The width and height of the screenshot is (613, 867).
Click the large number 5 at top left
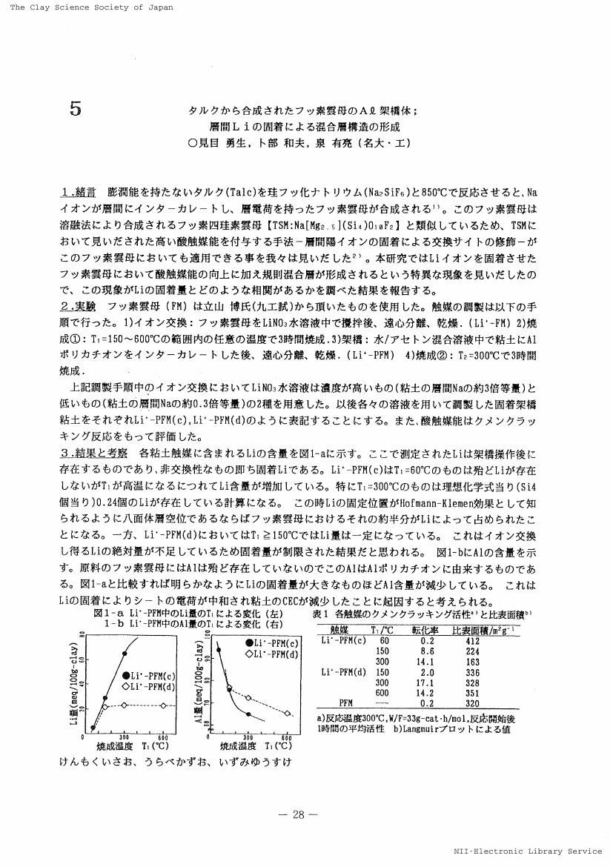(74, 109)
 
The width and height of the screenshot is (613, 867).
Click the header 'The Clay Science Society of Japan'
(92, 7)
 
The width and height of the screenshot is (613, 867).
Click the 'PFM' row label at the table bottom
(345, 702)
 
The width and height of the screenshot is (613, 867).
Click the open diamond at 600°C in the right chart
(287, 713)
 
